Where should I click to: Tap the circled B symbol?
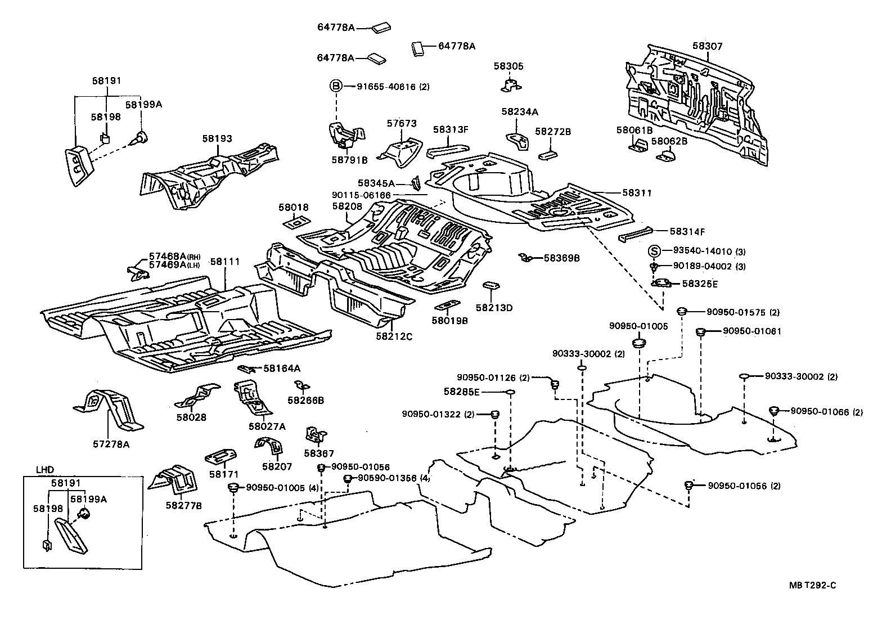pos(335,86)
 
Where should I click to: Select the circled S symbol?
pos(654,251)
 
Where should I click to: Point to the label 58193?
pos(217,138)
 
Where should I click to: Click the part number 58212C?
pos(394,336)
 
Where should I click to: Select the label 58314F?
pos(687,231)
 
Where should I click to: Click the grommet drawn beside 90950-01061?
pos(701,332)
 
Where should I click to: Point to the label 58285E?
pos(461,392)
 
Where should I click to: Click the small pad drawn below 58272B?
pos(548,155)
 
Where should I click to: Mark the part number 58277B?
pos(183,505)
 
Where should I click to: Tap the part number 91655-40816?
pos(386,87)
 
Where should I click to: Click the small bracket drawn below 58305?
pos(510,85)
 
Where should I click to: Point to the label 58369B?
pos(561,258)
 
